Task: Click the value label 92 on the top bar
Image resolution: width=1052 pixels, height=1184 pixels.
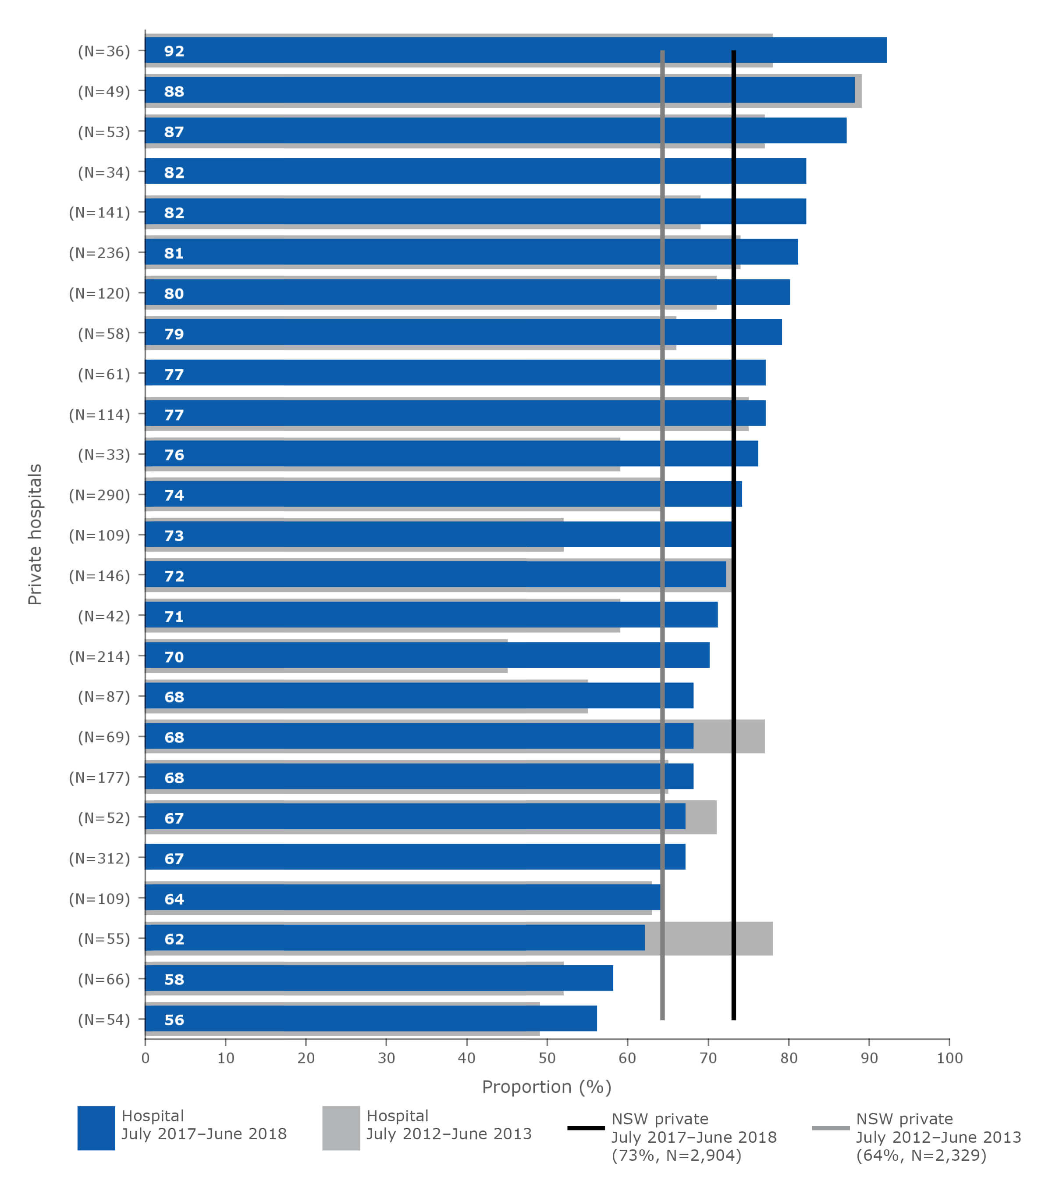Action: pos(174,51)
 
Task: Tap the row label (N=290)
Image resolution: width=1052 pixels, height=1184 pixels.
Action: pos(99,495)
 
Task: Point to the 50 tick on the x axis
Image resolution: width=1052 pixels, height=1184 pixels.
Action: pos(547,1058)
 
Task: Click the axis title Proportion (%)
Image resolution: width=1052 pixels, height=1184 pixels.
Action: pos(547,1087)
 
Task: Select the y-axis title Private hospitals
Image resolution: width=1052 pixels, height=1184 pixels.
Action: pos(35,534)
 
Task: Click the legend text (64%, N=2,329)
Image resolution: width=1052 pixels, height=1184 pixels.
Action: pos(920,1155)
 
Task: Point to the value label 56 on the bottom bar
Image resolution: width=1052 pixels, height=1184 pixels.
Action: pos(174,1020)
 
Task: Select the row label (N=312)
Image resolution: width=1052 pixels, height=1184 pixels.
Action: pos(99,858)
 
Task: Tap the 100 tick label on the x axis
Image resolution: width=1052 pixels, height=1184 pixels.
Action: pos(949,1058)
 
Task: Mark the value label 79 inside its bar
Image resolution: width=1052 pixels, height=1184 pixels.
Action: pos(174,334)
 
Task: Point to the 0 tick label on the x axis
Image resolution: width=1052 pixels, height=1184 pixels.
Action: pos(146,1058)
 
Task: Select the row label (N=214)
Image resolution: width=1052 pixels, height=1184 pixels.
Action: pos(99,656)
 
